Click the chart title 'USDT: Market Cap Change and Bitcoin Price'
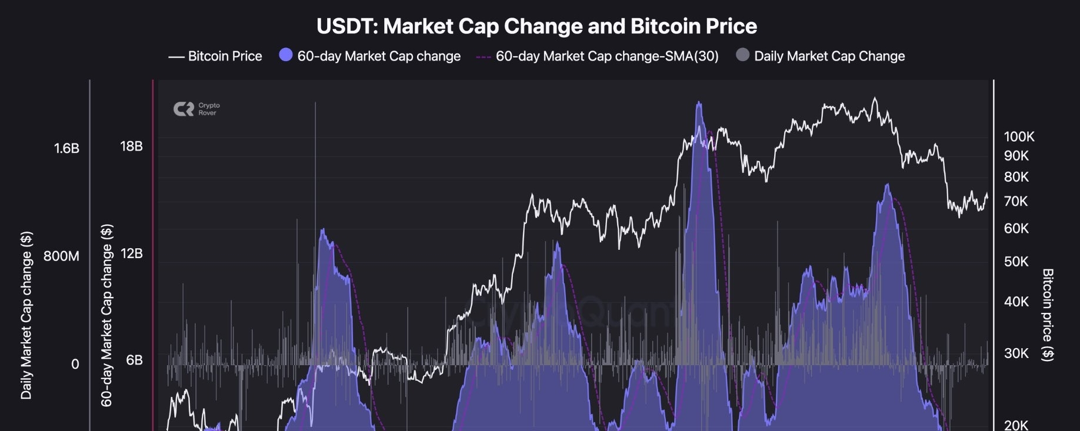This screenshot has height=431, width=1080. click(x=536, y=26)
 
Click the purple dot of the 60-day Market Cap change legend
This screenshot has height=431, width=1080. click(x=286, y=55)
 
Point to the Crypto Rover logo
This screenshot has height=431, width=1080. click(x=196, y=109)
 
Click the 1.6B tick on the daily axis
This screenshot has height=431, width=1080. click(x=66, y=148)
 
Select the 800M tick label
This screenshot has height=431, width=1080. click(x=61, y=256)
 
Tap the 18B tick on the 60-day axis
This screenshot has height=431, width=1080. click(x=131, y=146)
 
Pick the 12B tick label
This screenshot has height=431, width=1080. click(x=131, y=253)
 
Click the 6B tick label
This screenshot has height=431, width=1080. click(x=134, y=360)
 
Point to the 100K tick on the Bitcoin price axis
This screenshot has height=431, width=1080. click(x=1019, y=137)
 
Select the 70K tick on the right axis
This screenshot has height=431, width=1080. click(x=1016, y=202)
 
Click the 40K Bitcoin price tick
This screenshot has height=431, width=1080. click(x=1016, y=302)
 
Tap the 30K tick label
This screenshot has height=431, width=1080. click(x=1016, y=353)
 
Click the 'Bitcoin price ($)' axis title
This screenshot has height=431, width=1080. click(x=1048, y=315)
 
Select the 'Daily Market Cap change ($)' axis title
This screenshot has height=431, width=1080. click(x=26, y=315)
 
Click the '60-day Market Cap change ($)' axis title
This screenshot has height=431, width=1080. click(x=106, y=315)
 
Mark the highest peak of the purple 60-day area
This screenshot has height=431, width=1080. click(x=699, y=103)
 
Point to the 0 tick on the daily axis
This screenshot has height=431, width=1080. click(x=75, y=365)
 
